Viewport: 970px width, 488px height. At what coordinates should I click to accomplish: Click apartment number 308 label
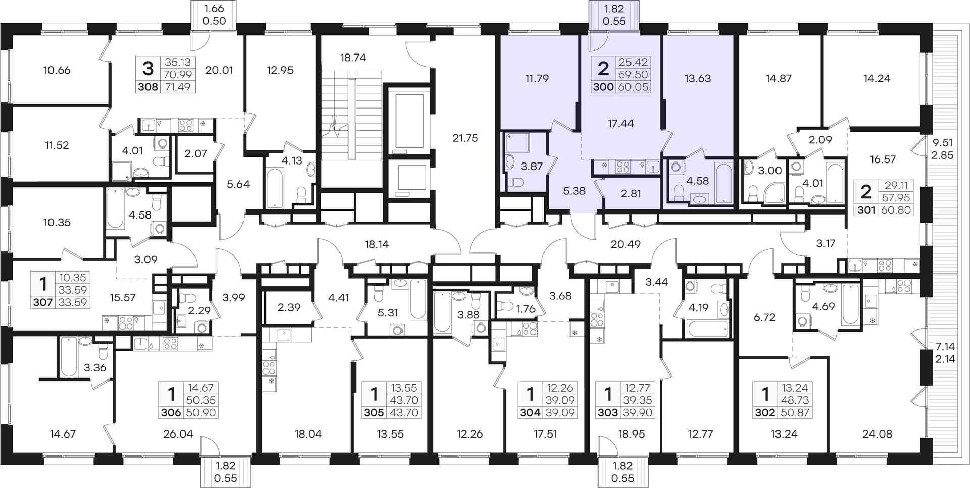(x=148, y=86)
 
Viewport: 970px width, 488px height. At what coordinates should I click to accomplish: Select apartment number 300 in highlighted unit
(x=603, y=87)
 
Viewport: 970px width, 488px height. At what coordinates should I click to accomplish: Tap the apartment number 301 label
(x=866, y=210)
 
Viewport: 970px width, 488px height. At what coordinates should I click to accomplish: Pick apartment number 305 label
(x=374, y=412)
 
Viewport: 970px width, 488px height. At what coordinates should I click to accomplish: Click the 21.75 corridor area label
(x=465, y=138)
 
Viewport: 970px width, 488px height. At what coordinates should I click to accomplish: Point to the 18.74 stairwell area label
(x=353, y=58)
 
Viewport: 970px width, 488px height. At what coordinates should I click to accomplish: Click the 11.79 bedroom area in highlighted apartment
(x=537, y=78)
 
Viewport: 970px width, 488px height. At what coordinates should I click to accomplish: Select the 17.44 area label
(x=620, y=123)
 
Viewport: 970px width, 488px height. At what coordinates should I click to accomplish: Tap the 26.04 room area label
(x=178, y=433)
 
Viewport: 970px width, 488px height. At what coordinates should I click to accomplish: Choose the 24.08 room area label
(x=877, y=433)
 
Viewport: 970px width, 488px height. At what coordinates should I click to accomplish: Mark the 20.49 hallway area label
(x=625, y=244)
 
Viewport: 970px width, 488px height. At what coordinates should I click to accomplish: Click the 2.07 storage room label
(x=196, y=153)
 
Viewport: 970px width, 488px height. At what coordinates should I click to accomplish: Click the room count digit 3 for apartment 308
(x=148, y=67)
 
